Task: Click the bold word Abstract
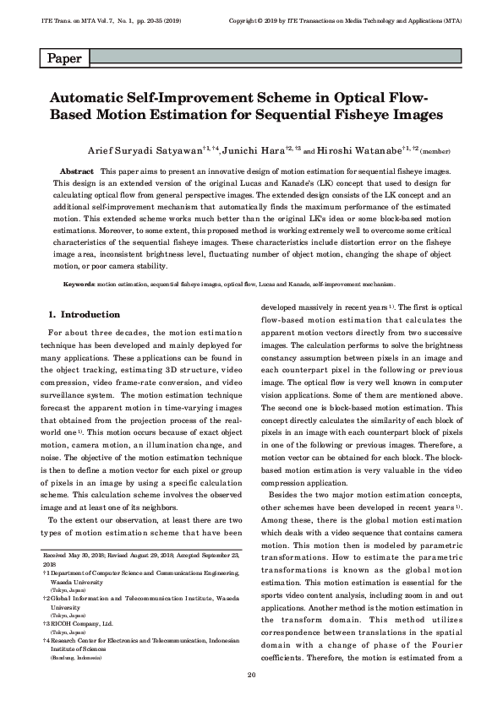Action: click(77, 171)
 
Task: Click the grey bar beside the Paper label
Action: click(274, 57)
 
